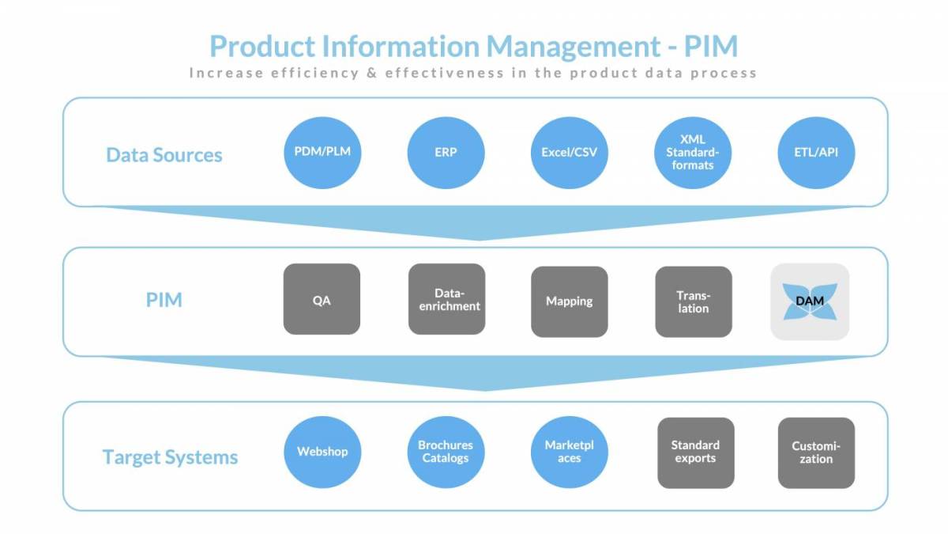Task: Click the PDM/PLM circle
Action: [x=322, y=151]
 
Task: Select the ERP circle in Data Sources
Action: [x=446, y=151]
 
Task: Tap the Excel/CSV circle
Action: [x=569, y=151]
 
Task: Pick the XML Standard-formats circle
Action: [x=693, y=151]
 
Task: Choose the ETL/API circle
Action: [x=816, y=151]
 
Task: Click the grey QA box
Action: [x=322, y=299]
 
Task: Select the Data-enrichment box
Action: [x=446, y=299]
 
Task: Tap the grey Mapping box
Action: [x=569, y=301]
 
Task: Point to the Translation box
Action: [x=694, y=301]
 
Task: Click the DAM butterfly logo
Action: [x=810, y=301]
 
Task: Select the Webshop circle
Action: [x=322, y=452]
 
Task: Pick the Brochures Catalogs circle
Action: [x=446, y=452]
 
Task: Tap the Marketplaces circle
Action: [x=569, y=452]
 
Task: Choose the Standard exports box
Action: [x=695, y=452]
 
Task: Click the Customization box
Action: [x=816, y=452]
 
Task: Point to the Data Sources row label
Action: [x=164, y=154]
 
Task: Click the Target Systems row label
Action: [x=170, y=456]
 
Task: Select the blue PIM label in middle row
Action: [x=164, y=300]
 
